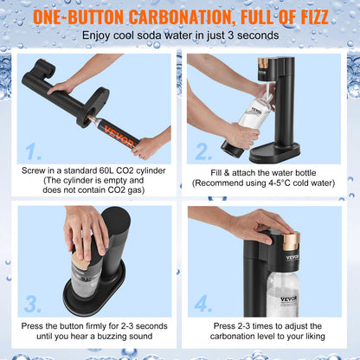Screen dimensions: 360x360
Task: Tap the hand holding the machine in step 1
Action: coord(62,87)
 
